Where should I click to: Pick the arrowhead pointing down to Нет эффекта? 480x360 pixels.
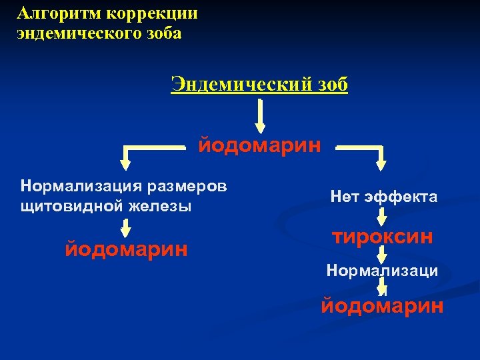click(x=381, y=159)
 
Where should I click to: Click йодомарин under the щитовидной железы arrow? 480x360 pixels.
click(x=126, y=249)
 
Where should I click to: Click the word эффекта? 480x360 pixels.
click(x=403, y=197)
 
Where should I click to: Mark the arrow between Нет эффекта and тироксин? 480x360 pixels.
click(x=381, y=217)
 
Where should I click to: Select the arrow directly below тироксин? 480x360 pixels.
click(x=381, y=255)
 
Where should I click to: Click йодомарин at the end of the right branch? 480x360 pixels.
click(x=382, y=306)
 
